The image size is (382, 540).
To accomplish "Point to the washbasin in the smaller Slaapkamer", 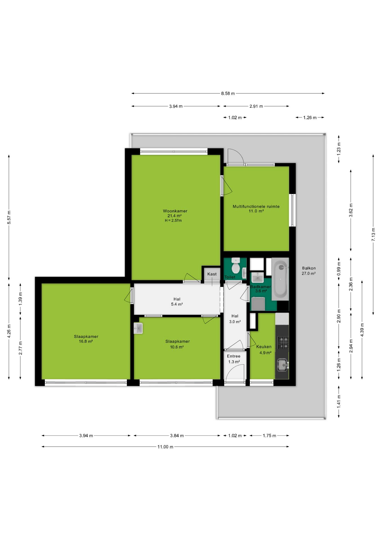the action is click(x=138, y=328).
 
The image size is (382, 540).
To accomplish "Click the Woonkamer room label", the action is click(x=175, y=211).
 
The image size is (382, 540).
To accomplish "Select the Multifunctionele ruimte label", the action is click(x=256, y=206).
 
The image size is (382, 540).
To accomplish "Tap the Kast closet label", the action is click(x=212, y=274).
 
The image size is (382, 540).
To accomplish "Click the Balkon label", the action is click(x=309, y=268).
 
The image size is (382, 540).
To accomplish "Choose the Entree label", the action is click(x=233, y=356).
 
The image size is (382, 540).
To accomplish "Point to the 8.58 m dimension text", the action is click(x=228, y=93).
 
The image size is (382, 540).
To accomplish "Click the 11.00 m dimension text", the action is click(x=165, y=447).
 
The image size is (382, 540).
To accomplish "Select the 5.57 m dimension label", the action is click(x=9, y=217).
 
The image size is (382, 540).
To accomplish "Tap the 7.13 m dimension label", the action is click(x=373, y=234).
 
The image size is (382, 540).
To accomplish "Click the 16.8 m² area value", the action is click(x=86, y=341).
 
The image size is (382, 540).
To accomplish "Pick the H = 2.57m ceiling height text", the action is click(x=173, y=220).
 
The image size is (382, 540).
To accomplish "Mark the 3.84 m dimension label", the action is click(x=177, y=436).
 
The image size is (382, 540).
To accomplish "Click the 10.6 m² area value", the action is click(x=177, y=347).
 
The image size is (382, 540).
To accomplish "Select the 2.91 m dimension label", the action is click(x=256, y=106).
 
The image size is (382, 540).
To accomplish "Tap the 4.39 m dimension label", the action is click(x=362, y=330).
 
